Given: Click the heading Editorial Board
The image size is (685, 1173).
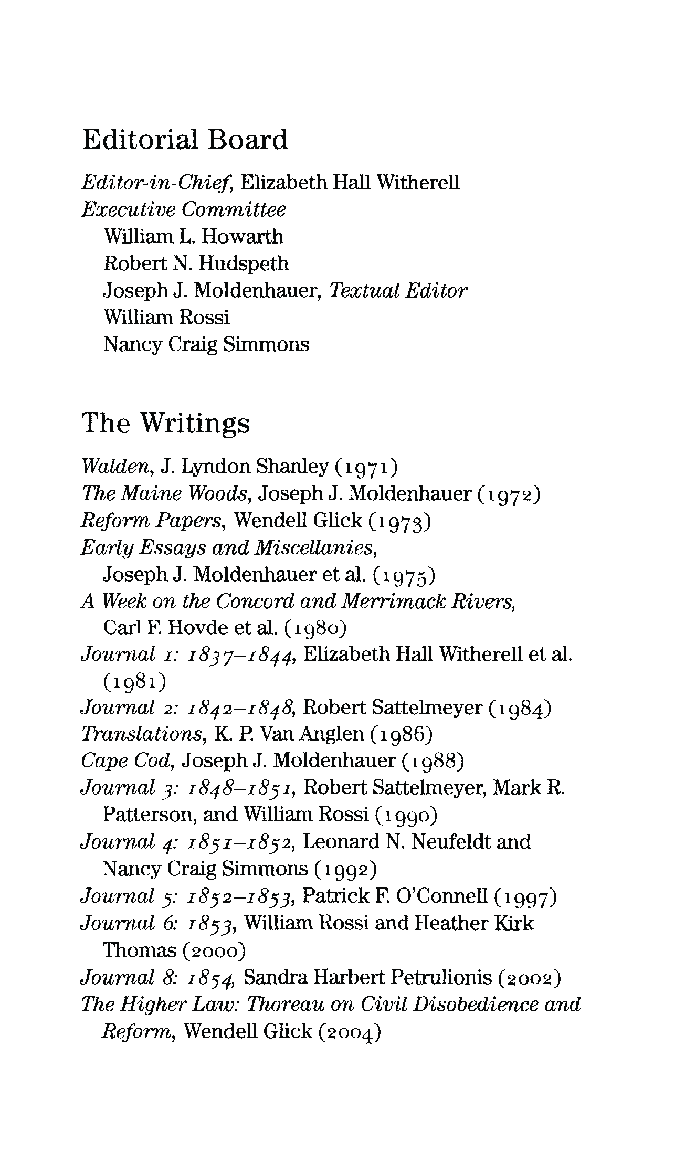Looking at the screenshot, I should pos(185,140).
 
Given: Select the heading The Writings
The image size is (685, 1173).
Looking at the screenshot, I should pos(166,423).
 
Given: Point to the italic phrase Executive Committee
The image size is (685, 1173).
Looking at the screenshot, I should pos(184,210).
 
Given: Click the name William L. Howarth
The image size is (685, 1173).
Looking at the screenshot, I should pos(193,237).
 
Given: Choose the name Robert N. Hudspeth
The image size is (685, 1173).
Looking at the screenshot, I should pos(196,263).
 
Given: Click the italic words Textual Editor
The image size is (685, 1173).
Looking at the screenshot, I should pos(397,291).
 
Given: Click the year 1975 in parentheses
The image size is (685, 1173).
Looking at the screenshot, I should pos(404,576).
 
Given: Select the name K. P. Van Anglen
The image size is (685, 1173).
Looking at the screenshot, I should pos(289,734).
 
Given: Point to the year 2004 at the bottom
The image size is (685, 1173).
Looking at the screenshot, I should pos(349,1032).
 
